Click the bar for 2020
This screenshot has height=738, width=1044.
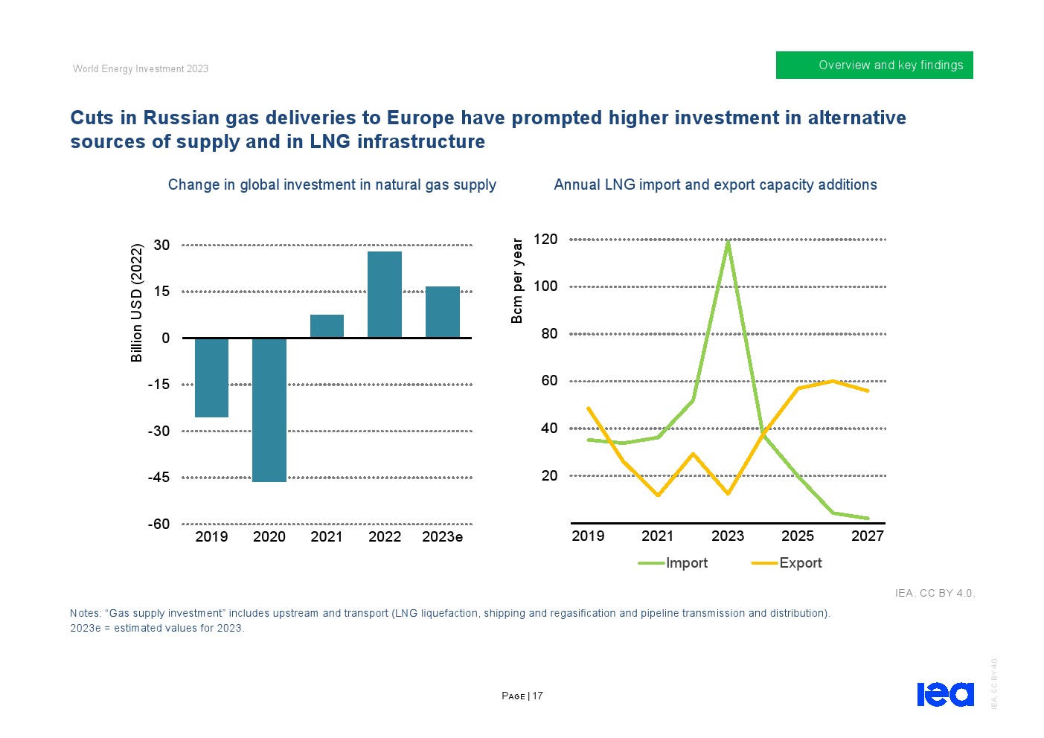tap(269, 410)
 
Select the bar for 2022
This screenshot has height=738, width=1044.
tap(385, 295)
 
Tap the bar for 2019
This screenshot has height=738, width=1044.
tap(211, 377)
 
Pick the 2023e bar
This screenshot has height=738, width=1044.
tap(443, 312)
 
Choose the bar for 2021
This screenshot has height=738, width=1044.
tap(327, 326)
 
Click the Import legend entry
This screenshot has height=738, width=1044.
tap(673, 563)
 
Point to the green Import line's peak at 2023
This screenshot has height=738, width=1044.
tap(728, 241)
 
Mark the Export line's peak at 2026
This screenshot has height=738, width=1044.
tap(833, 381)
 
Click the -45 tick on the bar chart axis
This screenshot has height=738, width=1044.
tap(158, 478)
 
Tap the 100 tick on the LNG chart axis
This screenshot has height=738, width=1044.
tap(545, 286)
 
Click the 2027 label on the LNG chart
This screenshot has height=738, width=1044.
tap(868, 536)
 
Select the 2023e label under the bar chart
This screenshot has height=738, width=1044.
tap(442, 537)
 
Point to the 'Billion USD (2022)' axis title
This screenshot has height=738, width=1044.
tap(137, 303)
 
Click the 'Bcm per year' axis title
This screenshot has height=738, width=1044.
tap(517, 280)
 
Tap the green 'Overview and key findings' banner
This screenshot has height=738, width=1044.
tap(874, 65)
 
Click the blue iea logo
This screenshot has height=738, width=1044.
tap(945, 694)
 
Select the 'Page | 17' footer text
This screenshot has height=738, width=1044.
tap(522, 696)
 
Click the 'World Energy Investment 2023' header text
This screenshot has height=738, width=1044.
tap(141, 69)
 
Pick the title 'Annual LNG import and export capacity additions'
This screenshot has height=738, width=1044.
tap(715, 185)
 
